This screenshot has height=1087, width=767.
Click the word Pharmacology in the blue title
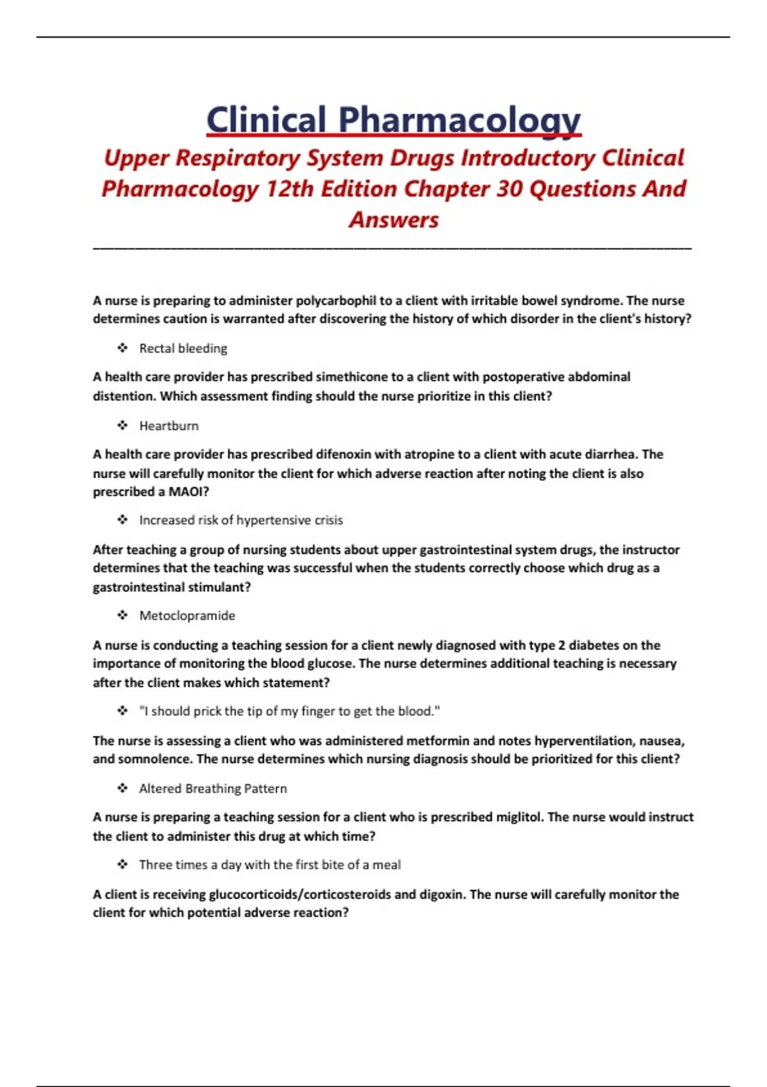(x=459, y=120)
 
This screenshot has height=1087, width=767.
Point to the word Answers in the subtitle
(x=394, y=219)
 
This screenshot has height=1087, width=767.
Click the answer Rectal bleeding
(x=183, y=348)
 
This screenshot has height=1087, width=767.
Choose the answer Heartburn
(x=169, y=426)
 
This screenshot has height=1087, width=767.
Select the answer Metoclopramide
(x=187, y=616)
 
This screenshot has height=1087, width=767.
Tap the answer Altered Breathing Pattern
(x=213, y=788)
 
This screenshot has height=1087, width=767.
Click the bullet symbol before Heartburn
(x=123, y=425)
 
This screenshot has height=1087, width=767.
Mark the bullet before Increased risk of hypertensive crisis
(x=123, y=520)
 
